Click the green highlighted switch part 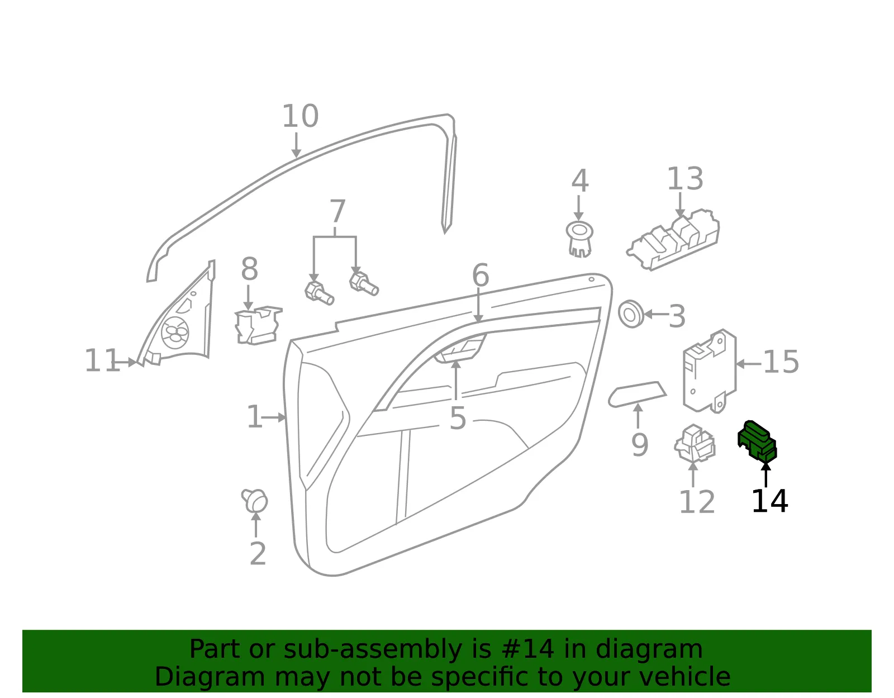tap(757, 441)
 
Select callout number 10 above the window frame tap(301, 116)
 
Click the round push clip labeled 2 tap(255, 501)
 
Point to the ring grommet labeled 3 tap(631, 314)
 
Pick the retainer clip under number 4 tap(579, 239)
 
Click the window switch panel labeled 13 tap(674, 239)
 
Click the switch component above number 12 tap(695, 443)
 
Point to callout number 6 tap(480, 275)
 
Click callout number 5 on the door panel tap(458, 419)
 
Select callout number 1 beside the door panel tap(254, 417)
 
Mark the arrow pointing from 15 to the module tap(748, 364)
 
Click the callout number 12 tap(697, 502)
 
